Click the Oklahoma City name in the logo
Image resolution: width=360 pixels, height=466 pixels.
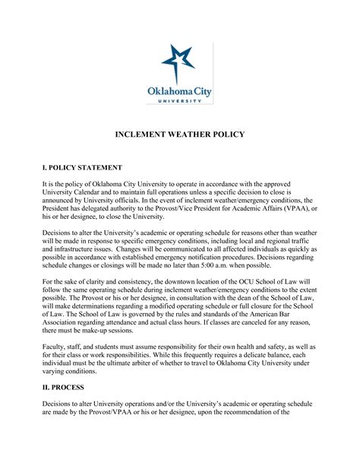[180, 92]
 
